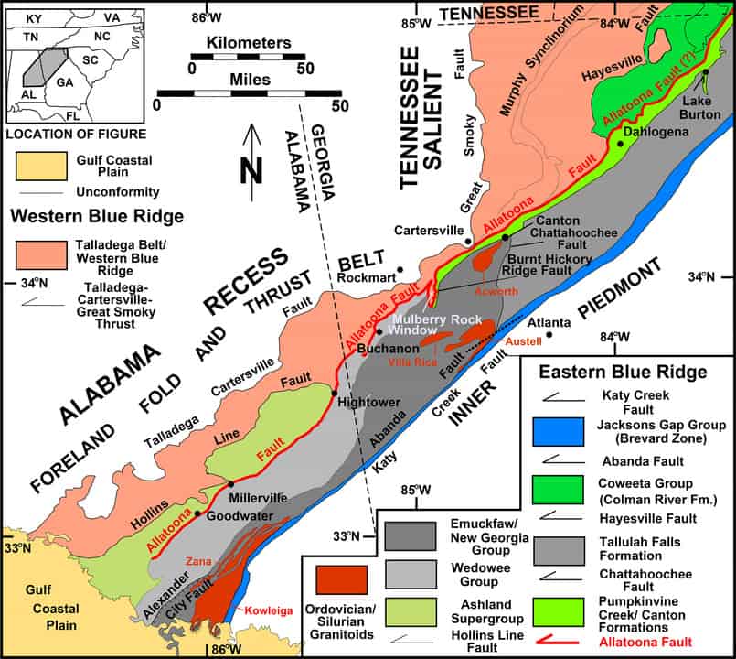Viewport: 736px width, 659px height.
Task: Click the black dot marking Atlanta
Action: [x=550, y=335]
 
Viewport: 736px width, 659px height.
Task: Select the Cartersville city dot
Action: [x=468, y=242]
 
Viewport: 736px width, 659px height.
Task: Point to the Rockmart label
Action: [x=366, y=275]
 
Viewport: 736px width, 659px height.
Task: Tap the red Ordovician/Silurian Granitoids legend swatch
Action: [x=342, y=581]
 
